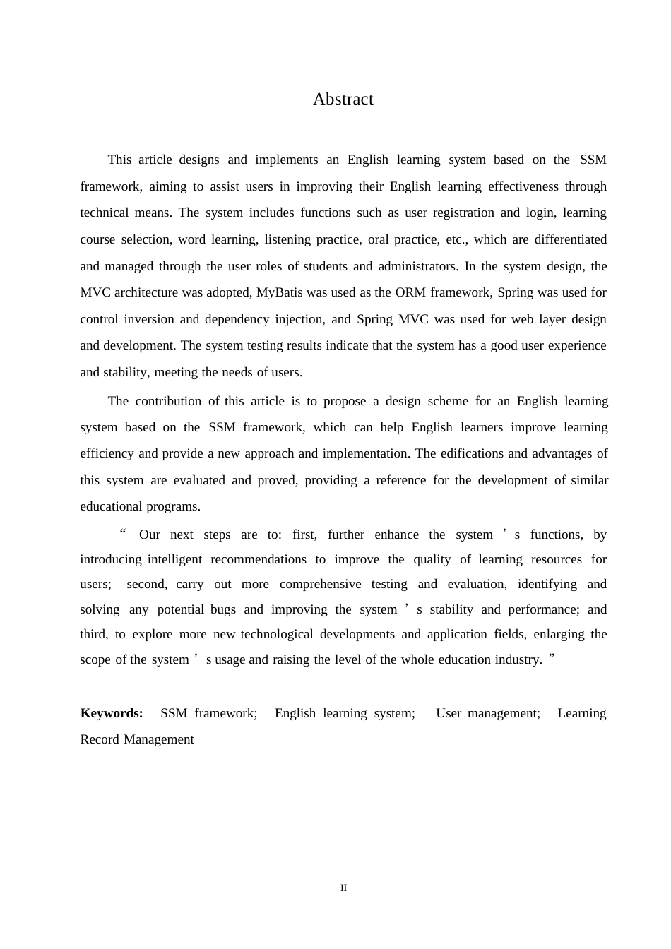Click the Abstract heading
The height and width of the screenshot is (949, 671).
point(343,100)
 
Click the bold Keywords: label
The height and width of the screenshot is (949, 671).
point(112,713)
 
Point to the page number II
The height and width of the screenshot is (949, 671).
point(343,888)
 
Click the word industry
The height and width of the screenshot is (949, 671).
point(523,659)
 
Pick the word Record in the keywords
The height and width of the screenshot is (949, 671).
point(100,739)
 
